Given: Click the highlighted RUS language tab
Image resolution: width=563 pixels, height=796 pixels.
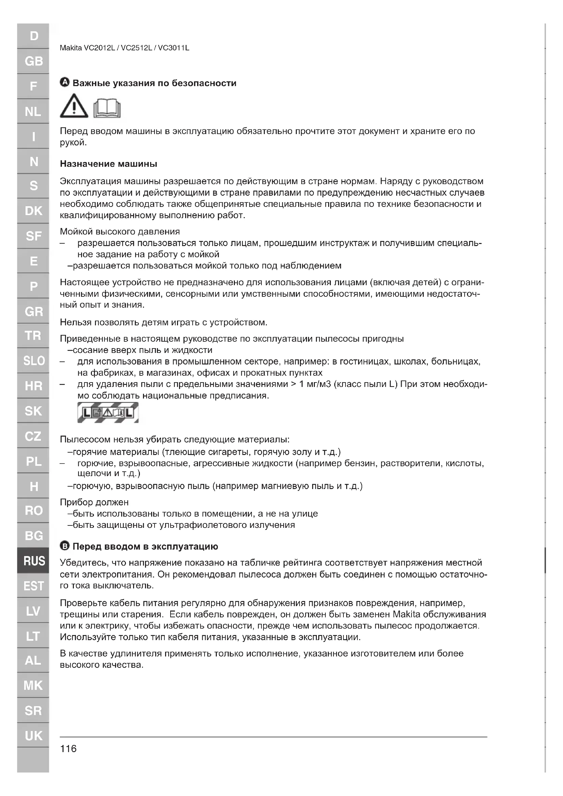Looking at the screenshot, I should pos(34,561).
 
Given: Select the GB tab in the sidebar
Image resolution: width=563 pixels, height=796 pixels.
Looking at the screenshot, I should pos(34,61).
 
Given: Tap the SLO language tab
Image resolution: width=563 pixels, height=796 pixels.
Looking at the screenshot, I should pos(34,361).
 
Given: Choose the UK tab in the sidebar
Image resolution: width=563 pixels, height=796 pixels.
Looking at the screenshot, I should pos(34,735).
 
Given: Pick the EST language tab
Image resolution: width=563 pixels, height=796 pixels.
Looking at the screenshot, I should pos(34,586).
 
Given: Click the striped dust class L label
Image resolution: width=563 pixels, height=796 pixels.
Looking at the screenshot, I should pos(108,412).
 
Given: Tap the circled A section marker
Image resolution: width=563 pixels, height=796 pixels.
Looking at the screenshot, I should pos(64,83).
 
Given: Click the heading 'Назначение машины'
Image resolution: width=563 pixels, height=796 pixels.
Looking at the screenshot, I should pos(109,164).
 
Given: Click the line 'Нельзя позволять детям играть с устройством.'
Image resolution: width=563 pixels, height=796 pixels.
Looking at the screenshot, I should pos(164,322).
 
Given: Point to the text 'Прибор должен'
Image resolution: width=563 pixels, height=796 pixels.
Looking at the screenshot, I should pos(94,502).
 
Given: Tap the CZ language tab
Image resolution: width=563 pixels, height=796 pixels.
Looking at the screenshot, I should pos(34,436).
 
